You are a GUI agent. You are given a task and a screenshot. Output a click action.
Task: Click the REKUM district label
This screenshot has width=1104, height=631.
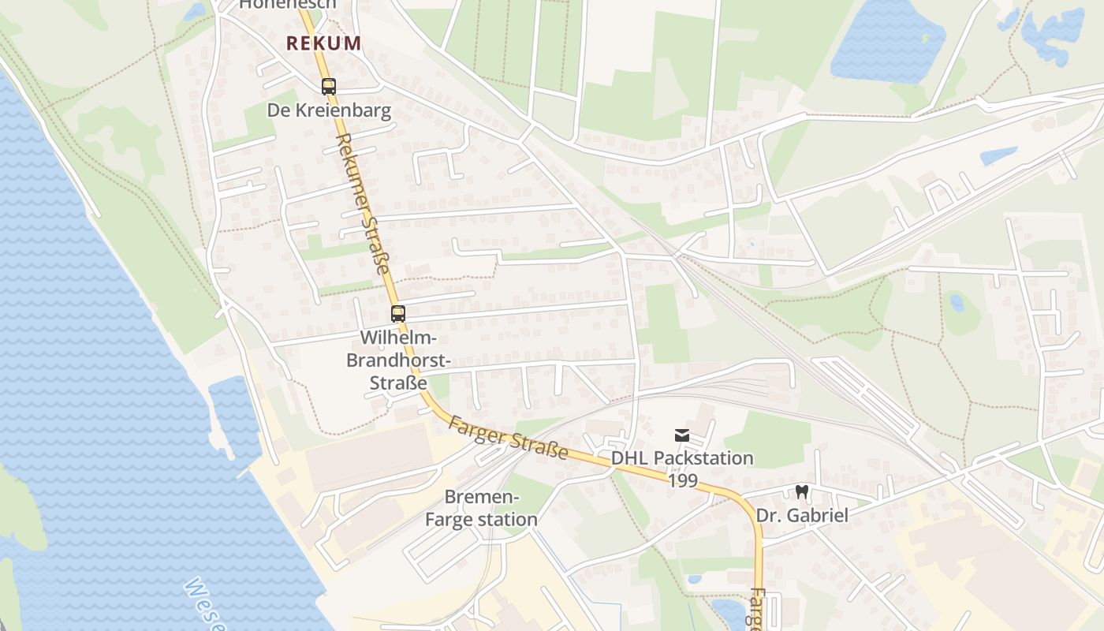323,43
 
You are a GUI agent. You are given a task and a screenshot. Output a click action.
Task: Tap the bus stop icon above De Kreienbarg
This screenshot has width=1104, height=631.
328,87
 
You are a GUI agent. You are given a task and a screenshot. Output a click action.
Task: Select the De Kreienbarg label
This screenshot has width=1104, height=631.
329,110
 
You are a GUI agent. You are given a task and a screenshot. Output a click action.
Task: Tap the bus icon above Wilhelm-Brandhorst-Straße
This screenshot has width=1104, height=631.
397,314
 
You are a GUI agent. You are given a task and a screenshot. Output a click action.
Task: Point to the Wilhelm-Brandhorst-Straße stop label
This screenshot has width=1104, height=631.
398,360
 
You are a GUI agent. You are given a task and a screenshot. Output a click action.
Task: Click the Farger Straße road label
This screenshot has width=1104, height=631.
508,438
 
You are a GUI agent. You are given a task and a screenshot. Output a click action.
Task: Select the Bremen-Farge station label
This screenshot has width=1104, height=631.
481,509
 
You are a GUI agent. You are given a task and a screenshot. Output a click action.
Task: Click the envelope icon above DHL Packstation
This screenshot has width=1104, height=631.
682,435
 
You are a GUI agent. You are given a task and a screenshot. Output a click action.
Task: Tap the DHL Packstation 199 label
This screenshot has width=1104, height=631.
683,469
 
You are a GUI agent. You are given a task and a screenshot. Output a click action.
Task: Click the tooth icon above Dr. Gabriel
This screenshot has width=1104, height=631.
802,491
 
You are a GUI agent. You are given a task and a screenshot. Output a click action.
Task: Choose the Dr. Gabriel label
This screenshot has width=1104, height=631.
802,516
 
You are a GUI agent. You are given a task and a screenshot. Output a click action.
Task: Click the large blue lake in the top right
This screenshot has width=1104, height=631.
887,39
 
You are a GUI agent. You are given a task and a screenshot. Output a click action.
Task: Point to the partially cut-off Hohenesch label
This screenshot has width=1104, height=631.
287,4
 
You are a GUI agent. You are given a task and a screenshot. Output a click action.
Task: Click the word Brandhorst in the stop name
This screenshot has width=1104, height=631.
398,360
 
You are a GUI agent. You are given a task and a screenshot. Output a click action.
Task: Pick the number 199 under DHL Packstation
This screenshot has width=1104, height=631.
683,480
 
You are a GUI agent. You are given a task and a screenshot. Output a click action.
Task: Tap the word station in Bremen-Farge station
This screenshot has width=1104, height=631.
507,520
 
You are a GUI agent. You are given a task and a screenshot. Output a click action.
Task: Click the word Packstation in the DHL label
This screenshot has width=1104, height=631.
703,457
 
